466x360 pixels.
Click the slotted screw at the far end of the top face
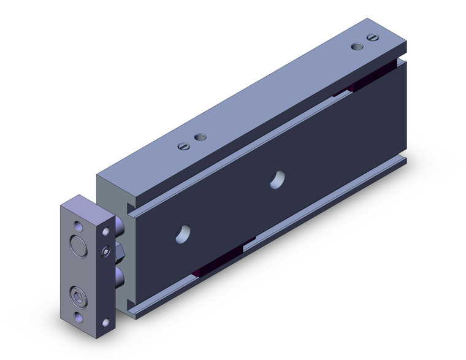[x=370, y=38]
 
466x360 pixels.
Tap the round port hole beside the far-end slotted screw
[x=356, y=45]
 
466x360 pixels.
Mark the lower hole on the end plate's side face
[x=107, y=321]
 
